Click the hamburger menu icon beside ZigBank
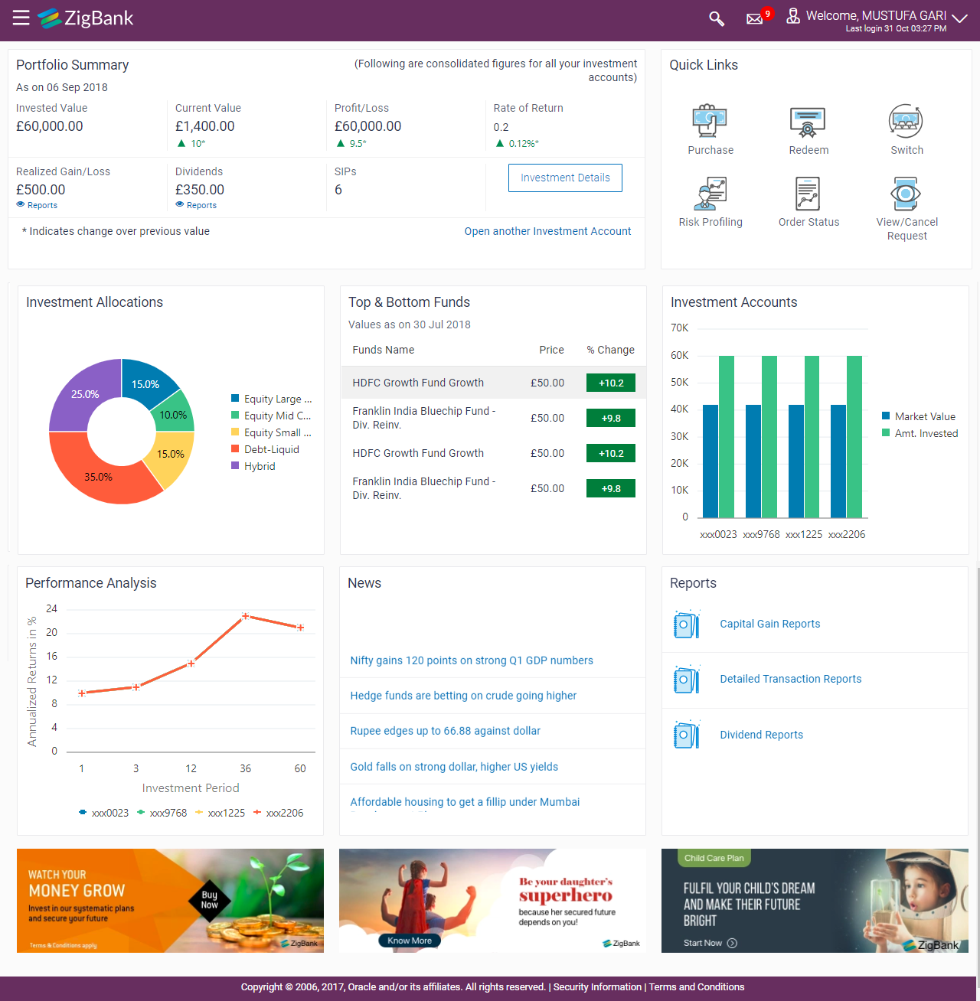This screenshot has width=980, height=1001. tap(21, 18)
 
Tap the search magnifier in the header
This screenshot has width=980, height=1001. tap(717, 18)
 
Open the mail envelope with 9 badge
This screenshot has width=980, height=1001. tap(755, 18)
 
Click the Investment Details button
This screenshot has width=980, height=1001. tap(565, 178)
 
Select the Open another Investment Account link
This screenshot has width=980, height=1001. tap(547, 231)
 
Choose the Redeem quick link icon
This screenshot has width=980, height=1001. tap(808, 122)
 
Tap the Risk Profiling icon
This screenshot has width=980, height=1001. tap(710, 194)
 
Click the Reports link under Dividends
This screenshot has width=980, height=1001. tap(201, 205)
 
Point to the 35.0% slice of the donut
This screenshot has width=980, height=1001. tap(99, 476)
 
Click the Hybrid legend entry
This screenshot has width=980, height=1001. tap(260, 466)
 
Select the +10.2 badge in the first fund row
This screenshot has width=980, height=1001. tap(611, 383)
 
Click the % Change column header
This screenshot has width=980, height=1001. tap(610, 350)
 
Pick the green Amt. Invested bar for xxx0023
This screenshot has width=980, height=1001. tap(727, 436)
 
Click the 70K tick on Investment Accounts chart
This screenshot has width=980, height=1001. tap(679, 328)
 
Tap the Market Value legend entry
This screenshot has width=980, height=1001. tap(924, 416)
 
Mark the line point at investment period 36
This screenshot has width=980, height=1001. tap(245, 616)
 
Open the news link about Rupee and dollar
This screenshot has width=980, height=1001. tap(445, 731)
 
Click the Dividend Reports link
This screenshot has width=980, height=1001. tap(761, 735)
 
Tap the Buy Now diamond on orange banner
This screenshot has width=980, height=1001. tap(209, 900)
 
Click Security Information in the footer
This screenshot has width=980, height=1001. tap(597, 987)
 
